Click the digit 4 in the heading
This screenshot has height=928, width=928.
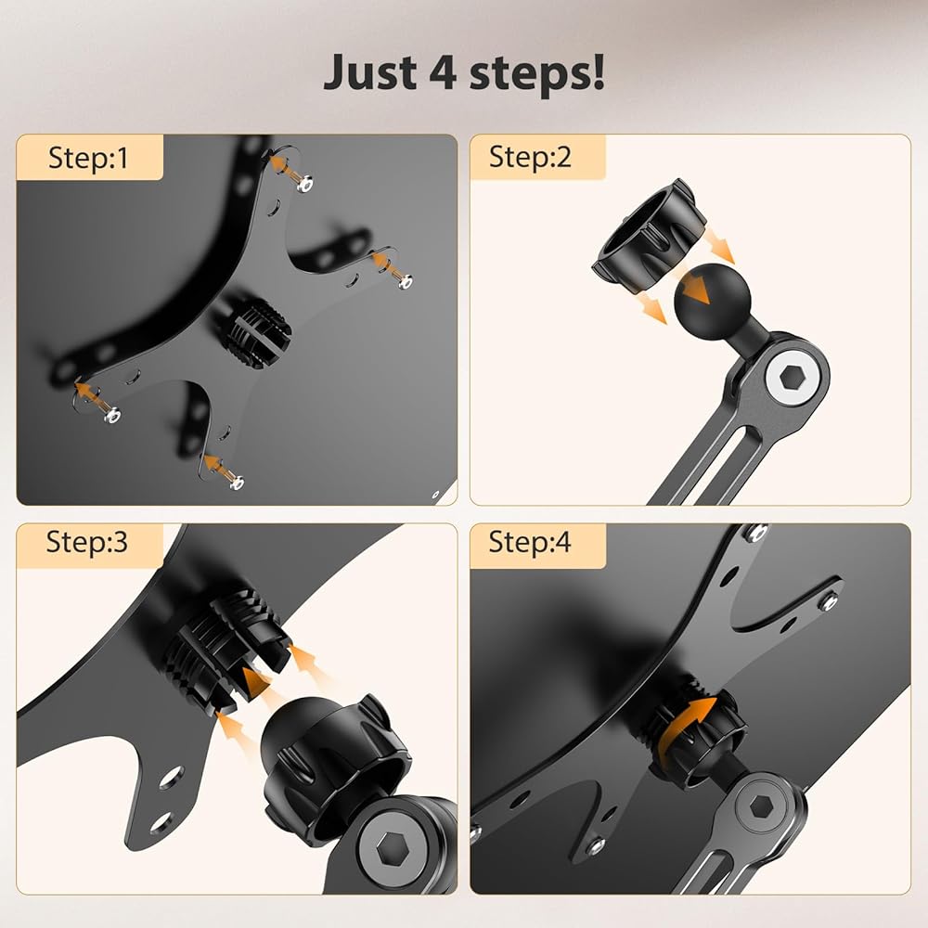pyautogui.click(x=443, y=71)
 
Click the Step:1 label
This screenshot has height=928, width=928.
pyautogui.click(x=88, y=158)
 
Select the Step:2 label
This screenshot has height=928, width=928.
pyautogui.click(x=530, y=157)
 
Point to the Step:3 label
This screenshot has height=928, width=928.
pyautogui.click(x=87, y=542)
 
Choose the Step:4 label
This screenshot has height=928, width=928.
pyautogui.click(x=530, y=542)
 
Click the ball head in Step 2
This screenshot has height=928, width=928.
pyautogui.click(x=713, y=302)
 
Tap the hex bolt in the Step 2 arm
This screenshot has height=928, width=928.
pyautogui.click(x=790, y=377)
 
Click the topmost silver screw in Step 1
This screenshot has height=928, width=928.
pyautogui.click(x=304, y=185)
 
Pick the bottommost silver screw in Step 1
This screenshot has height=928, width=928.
pyautogui.click(x=237, y=483)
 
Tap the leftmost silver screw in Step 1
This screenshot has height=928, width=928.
pyautogui.click(x=112, y=416)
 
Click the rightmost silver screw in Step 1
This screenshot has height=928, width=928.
pyautogui.click(x=405, y=282)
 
